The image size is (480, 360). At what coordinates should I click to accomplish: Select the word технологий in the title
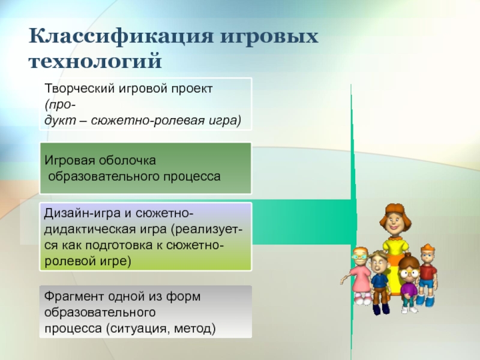click(95, 61)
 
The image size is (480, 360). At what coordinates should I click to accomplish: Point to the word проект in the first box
click(191, 89)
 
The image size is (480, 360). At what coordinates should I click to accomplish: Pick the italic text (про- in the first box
click(60, 105)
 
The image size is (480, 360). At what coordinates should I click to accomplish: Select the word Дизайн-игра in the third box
click(82, 214)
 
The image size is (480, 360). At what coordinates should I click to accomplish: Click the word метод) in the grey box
click(195, 329)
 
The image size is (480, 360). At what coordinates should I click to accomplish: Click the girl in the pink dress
click(358, 275)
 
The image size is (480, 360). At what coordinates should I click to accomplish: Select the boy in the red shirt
click(427, 275)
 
